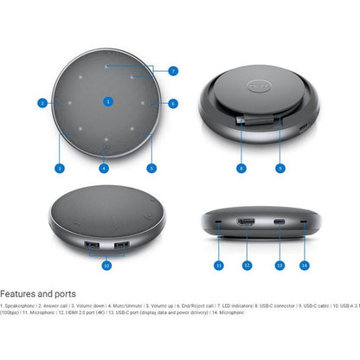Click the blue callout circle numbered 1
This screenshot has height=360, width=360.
pos(107,101)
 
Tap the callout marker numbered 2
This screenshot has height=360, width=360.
pos(42,103)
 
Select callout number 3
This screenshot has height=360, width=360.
pos(59,167)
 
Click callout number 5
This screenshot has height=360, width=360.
pos(151,167)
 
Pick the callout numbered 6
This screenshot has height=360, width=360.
pos(173,103)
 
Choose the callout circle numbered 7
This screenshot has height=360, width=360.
pos(173,70)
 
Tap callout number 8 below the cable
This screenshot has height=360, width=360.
pos(241,167)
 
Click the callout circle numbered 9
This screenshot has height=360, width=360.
pos(280,167)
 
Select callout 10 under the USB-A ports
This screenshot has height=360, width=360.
pos(107,266)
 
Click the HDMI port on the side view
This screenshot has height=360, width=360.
pos(247,224)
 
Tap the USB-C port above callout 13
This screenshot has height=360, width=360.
pos(280,225)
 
